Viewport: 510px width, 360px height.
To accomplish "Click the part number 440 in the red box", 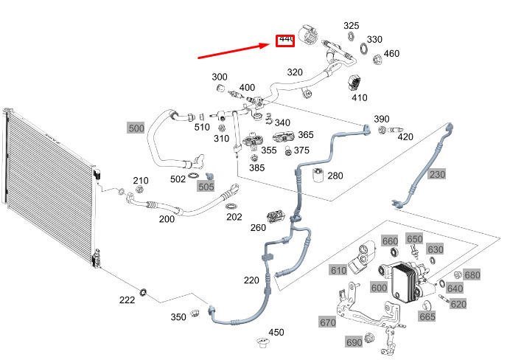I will (x=284, y=40).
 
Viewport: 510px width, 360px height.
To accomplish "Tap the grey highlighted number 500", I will (x=136, y=128).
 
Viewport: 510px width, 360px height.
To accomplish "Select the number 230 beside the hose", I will (x=437, y=175).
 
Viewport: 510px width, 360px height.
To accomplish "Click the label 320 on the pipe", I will (x=295, y=72).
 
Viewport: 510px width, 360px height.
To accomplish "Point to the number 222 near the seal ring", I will (x=127, y=300).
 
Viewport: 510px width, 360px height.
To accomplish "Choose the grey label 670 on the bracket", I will (x=327, y=322).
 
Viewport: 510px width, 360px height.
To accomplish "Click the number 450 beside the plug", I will (x=276, y=333).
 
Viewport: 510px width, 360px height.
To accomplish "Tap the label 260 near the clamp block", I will (x=258, y=227).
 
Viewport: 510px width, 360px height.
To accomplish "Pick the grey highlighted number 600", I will (x=379, y=288).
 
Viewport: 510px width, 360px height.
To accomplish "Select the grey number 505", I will (x=206, y=187).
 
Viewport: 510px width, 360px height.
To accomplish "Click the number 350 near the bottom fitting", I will (x=178, y=317).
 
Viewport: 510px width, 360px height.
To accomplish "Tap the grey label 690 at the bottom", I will (x=354, y=342).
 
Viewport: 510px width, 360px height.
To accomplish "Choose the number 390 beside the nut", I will (x=381, y=119).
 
